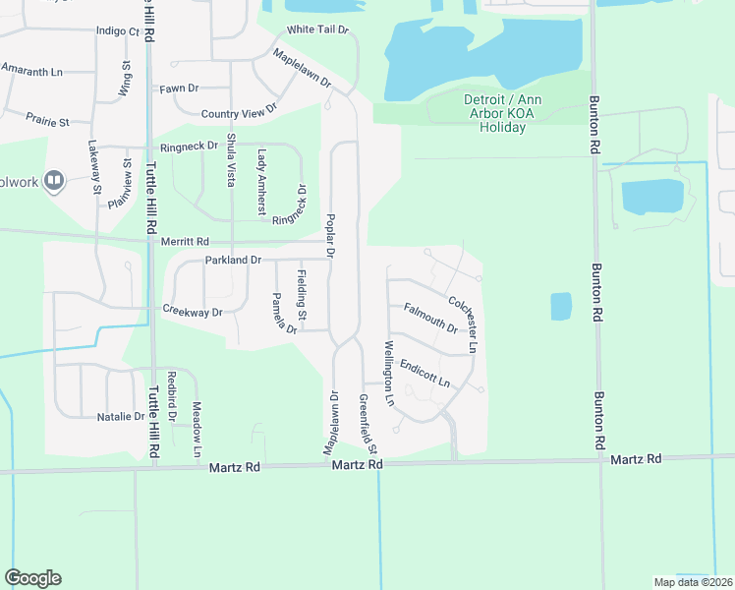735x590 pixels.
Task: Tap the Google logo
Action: (32, 578)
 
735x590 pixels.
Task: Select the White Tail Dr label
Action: (317, 30)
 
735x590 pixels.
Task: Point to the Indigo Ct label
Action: (118, 31)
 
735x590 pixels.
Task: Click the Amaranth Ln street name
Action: (31, 71)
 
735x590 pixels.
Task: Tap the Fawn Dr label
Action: (180, 88)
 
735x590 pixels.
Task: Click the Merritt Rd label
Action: (188, 241)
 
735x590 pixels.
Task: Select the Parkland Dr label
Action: (233, 261)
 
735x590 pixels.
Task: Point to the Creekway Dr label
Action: (193, 312)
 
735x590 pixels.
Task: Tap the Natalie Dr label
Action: (121, 417)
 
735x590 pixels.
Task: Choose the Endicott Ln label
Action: (424, 374)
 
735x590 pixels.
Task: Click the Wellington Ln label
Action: (389, 374)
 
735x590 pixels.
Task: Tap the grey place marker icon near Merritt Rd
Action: (54, 181)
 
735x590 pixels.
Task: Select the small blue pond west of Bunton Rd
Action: (560, 306)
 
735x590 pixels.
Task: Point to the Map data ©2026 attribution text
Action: (693, 582)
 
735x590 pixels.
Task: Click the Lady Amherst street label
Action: (261, 182)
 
